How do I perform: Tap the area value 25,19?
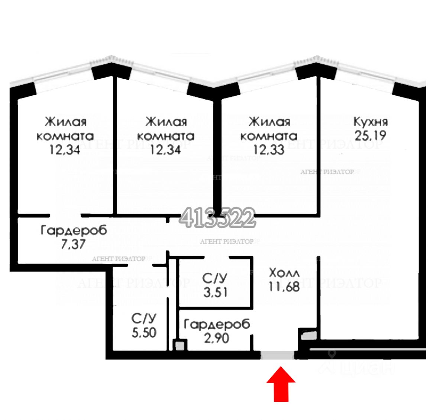click(370, 136)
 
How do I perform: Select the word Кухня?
click(370, 122)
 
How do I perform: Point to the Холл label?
click(284, 273)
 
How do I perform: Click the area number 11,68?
click(284, 287)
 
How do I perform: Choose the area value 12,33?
click(269, 150)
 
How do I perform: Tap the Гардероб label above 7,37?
click(74, 230)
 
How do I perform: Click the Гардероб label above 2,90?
click(217, 324)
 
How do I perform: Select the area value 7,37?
click(74, 244)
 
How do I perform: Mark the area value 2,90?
click(217, 338)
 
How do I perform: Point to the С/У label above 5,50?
click(144, 319)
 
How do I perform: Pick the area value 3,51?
click(215, 292)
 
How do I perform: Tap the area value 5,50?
click(144, 332)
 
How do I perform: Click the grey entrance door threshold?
click(277, 356)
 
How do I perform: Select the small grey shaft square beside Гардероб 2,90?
click(180, 346)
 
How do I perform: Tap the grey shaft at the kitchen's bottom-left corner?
click(308, 335)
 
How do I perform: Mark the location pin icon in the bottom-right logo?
click(332, 354)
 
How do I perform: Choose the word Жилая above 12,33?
click(269, 122)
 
